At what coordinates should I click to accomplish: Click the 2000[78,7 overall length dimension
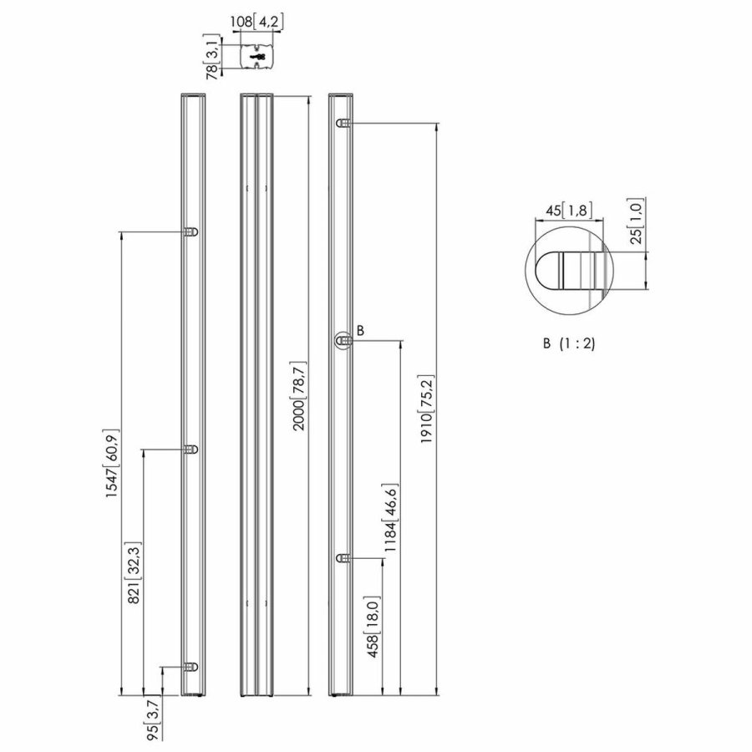point(298,396)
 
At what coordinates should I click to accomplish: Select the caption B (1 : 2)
point(568,343)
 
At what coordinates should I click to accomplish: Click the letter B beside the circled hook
point(361,331)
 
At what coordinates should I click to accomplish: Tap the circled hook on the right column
point(343,340)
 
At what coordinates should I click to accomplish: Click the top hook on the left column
point(191,232)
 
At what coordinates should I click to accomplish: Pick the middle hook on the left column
point(191,450)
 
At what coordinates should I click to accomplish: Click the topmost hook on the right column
point(343,124)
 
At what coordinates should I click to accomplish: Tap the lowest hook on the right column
point(343,557)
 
